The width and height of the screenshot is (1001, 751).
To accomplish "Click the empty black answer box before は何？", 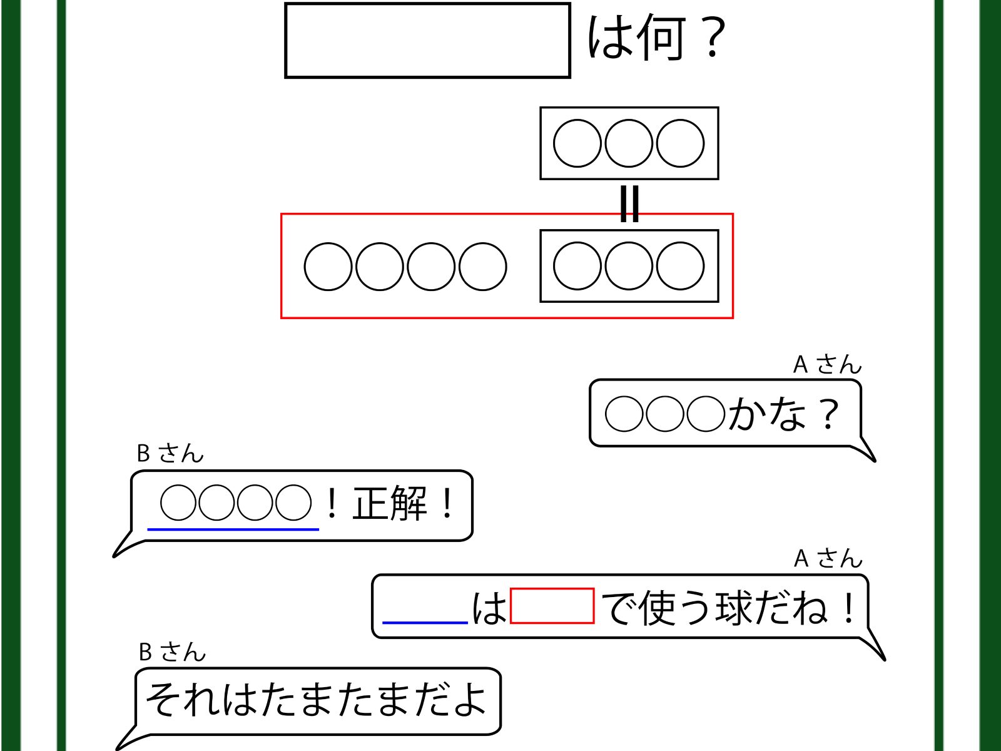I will [427, 41].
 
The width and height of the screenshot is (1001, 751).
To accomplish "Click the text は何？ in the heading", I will [656, 39].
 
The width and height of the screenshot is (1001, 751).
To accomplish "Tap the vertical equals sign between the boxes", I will [629, 204].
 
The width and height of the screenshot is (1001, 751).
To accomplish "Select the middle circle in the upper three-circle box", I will [629, 143].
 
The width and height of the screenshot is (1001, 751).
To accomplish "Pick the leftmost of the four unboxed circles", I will [328, 267].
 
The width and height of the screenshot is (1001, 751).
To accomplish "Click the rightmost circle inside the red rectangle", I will [680, 266].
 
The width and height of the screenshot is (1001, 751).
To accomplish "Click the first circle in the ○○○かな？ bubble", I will [624, 414].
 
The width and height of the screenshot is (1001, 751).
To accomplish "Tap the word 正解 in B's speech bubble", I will [390, 504].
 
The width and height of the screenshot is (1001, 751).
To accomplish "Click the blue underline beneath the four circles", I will [233, 529].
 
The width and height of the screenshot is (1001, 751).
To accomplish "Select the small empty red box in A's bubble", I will [552, 606].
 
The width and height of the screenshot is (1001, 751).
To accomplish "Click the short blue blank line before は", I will [425, 622].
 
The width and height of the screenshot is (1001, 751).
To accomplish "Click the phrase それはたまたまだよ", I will [316, 699].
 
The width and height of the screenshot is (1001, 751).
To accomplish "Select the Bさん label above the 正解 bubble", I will [170, 453].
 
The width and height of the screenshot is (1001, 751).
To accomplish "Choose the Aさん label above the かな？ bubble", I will [827, 364].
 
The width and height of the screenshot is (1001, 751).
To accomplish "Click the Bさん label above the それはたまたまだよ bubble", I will [172, 652].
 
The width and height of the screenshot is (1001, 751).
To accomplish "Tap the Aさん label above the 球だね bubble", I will [828, 558].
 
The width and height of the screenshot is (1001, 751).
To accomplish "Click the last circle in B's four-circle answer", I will [293, 503].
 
